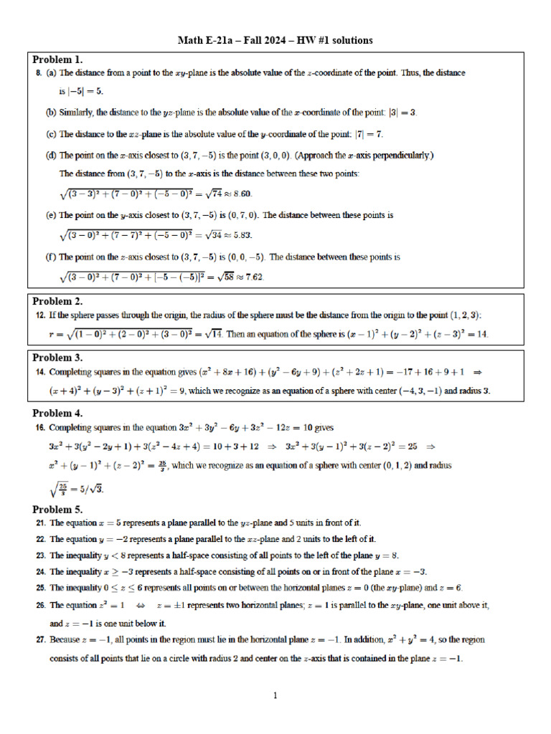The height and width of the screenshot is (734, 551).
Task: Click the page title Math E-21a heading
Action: [275, 40]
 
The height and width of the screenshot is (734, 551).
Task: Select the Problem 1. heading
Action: [58, 59]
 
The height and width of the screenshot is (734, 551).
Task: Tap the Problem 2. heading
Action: [58, 301]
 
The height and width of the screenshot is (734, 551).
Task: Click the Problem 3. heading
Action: [58, 357]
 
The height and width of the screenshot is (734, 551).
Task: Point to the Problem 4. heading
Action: [58, 413]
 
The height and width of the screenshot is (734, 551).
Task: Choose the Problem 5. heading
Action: [58, 510]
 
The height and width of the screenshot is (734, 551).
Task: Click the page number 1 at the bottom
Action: [275, 695]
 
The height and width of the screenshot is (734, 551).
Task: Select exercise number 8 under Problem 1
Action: [38, 73]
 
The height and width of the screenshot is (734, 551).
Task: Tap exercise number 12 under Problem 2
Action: [40, 315]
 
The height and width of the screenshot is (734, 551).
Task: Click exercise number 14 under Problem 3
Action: [40, 371]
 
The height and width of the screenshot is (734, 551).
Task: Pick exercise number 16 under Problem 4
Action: [40, 427]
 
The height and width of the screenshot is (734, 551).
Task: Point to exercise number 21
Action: [40, 523]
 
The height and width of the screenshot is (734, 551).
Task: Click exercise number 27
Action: [40, 639]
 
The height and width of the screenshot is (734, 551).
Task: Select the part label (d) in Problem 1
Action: [51, 155]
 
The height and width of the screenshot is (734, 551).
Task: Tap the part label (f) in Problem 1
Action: [51, 257]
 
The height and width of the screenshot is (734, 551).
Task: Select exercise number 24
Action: [40, 572]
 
